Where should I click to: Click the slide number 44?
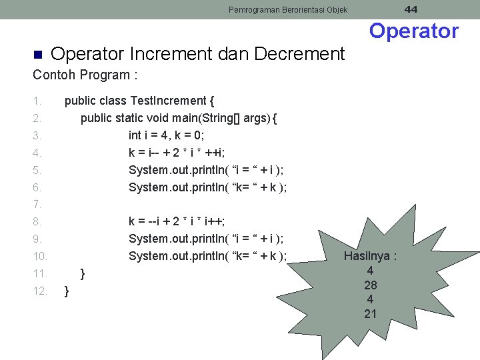pos(411,9)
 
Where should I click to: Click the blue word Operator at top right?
pos(414,31)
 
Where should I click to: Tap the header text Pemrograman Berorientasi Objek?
pos(288,9)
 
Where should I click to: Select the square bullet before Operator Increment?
pos(37,54)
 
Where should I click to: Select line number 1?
pos(37,101)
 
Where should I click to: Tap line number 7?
pos(37,204)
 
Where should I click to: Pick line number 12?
pos(39,291)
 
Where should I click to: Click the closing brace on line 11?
pos(83,273)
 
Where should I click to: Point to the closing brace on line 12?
pos(67,291)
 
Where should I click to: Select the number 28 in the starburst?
pos(371,285)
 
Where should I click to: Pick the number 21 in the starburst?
pos(371,313)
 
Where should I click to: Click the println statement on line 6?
pos(207,187)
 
